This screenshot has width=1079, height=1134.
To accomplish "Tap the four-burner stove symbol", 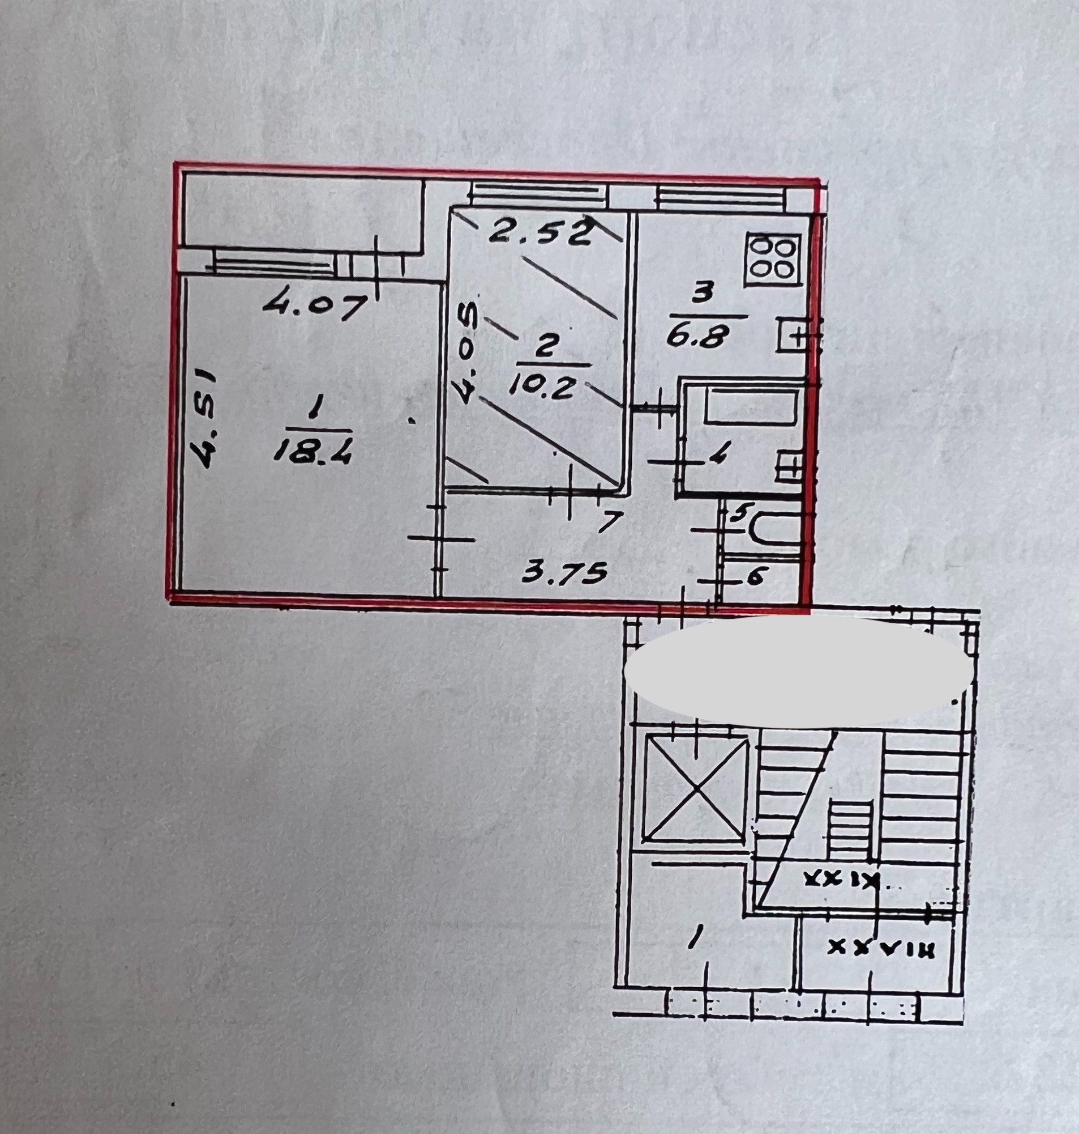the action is pyautogui.click(x=773, y=260).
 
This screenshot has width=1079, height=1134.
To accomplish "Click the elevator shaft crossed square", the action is pyautogui.click(x=696, y=788).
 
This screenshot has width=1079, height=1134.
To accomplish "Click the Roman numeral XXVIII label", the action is pyautogui.click(x=880, y=948).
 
